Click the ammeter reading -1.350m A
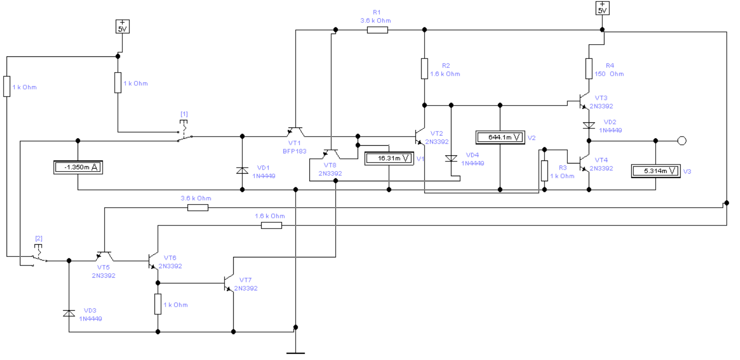click(x=78, y=168)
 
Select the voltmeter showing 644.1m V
click(x=500, y=138)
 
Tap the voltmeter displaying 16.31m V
click(x=389, y=158)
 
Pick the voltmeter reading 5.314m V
click(x=656, y=171)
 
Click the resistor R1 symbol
click(x=377, y=30)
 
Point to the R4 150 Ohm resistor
click(x=589, y=69)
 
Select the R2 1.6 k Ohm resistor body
click(x=425, y=69)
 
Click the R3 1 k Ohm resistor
click(x=545, y=171)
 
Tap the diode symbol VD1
click(x=242, y=171)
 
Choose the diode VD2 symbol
click(x=589, y=125)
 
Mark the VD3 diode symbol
click(x=69, y=313)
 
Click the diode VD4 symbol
click(x=452, y=158)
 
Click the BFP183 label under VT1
click(x=295, y=151)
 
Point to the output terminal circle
click(x=682, y=141)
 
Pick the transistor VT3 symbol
click(x=585, y=102)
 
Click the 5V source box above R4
click(x=602, y=8)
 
